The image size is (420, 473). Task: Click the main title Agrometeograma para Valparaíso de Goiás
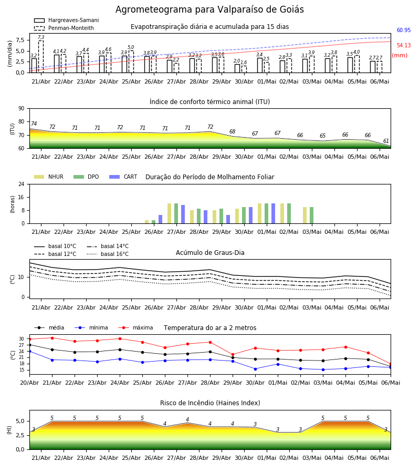click(209, 9)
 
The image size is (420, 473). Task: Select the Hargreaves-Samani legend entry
click(66, 20)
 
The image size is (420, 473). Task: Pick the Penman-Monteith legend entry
click(64, 28)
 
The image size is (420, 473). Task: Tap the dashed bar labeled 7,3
click(40, 56)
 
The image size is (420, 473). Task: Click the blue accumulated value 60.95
click(404, 30)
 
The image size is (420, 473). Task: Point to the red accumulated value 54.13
click(404, 45)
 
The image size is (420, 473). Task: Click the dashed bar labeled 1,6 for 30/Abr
click(244, 69)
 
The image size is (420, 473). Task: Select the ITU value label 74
click(34, 124)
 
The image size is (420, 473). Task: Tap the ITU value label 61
click(386, 141)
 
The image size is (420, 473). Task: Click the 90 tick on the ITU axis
click(22, 109)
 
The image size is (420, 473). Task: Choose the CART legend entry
click(123, 177)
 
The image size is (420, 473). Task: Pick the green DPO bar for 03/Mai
click(311, 215)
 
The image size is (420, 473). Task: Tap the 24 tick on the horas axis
click(22, 184)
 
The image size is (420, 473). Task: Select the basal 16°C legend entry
click(108, 254)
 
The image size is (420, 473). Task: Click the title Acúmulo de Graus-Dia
click(210, 252)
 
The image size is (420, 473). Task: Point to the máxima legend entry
click(135, 327)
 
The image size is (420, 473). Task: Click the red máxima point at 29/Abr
click(233, 355)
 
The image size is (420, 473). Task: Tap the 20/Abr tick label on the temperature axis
click(29, 383)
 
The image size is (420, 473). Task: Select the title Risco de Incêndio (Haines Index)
click(210, 403)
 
